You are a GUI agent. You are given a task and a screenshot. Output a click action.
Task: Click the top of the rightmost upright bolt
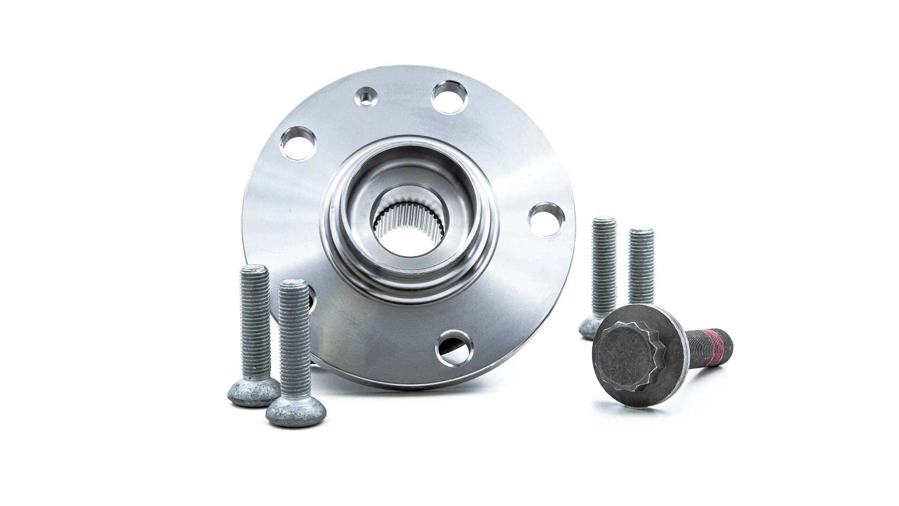click(x=641, y=232)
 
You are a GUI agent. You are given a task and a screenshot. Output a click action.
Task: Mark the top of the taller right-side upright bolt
click(x=604, y=223)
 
